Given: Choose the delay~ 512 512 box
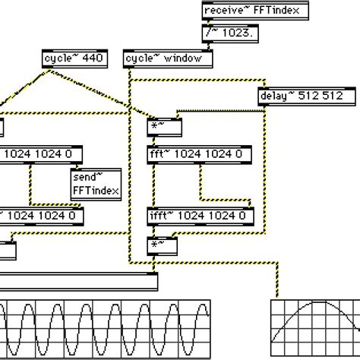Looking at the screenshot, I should coord(307,96).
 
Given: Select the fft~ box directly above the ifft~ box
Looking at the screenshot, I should coord(199,156).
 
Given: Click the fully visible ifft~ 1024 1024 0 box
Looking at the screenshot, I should coord(199,216).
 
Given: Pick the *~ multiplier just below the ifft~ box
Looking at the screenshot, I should coord(162,245).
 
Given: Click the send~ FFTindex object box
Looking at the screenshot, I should coord(95,183).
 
